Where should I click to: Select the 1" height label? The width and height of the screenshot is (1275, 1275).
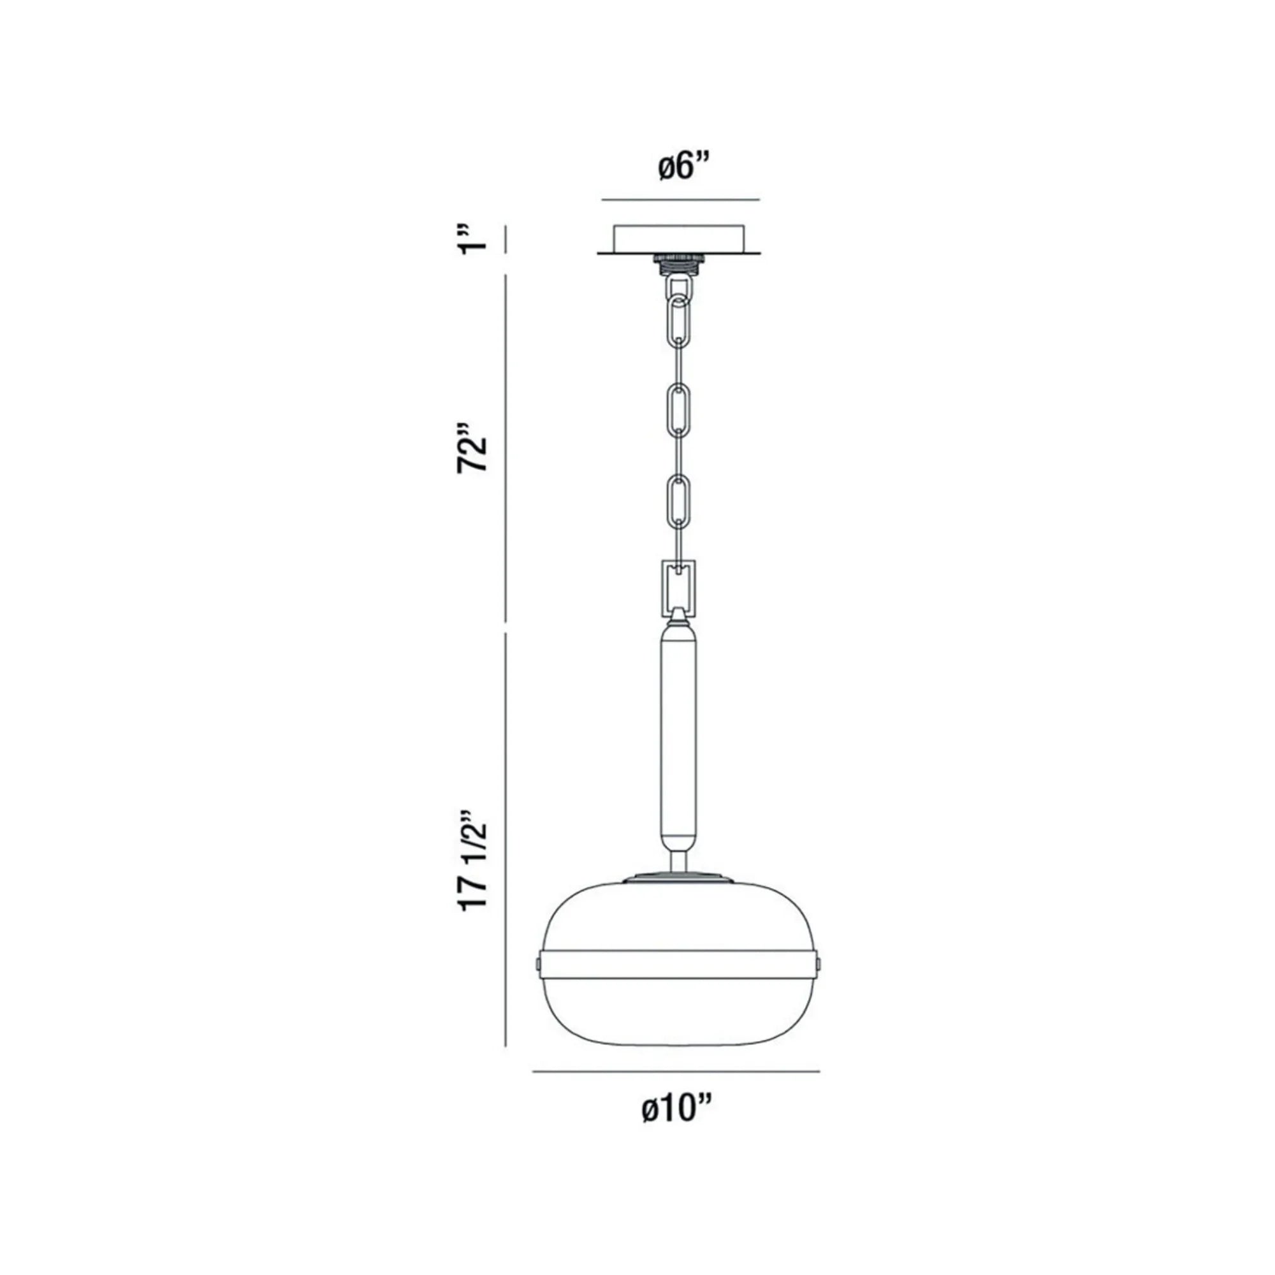(x=474, y=238)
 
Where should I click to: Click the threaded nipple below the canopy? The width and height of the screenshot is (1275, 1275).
(x=679, y=263)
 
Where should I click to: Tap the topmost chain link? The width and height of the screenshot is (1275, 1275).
(x=679, y=289)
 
